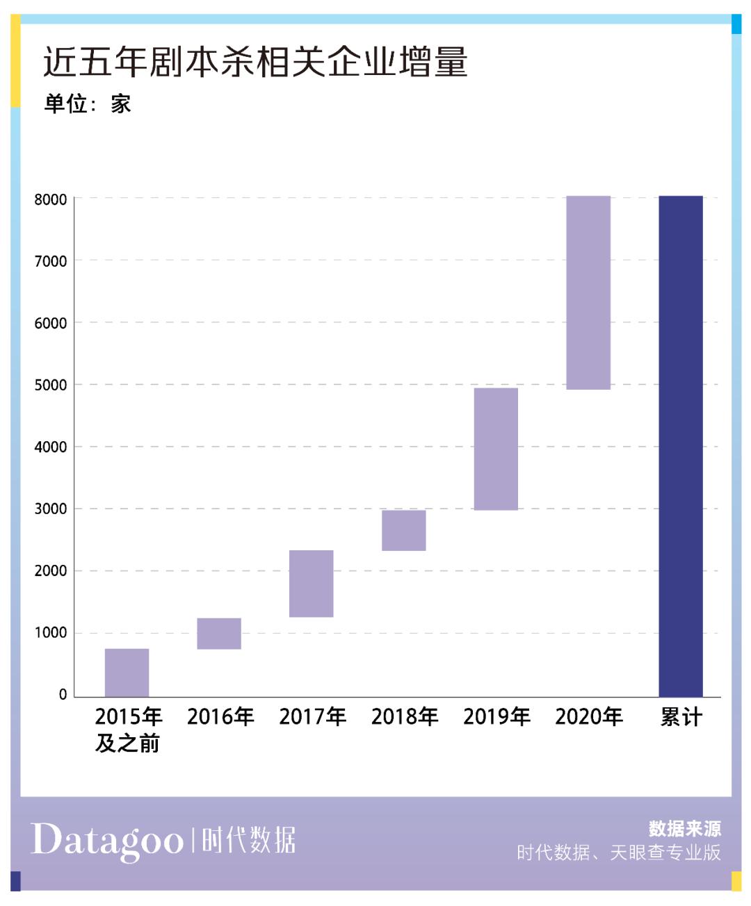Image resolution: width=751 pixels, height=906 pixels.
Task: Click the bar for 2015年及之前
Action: click(127, 672)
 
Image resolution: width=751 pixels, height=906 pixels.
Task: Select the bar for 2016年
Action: click(219, 633)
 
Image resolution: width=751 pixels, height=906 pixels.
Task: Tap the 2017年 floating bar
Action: click(311, 583)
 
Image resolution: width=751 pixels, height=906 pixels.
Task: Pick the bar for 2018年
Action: click(403, 530)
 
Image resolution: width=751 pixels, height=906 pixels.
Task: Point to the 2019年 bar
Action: click(496, 448)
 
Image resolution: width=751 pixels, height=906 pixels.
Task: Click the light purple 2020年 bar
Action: click(588, 293)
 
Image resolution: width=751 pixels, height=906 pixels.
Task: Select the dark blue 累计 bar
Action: click(681, 446)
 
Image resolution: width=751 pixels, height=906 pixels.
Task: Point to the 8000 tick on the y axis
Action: click(51, 199)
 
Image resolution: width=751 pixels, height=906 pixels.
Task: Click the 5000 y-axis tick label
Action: click(51, 385)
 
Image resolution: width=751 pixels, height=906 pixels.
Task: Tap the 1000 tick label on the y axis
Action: click(51, 633)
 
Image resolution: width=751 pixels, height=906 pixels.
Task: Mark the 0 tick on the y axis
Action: click(63, 694)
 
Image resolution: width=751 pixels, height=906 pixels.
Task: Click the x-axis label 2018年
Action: click(405, 716)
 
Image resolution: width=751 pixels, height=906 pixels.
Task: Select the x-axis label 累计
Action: click(681, 716)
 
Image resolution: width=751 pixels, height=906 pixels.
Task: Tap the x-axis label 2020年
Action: click(588, 716)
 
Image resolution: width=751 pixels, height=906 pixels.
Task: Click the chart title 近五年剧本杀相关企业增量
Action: click(255, 62)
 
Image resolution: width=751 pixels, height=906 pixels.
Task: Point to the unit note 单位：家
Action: click(88, 104)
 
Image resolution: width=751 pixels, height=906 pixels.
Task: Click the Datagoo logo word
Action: click(107, 841)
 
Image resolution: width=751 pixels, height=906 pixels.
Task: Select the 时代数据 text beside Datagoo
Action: click(248, 840)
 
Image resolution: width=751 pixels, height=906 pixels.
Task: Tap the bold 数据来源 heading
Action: click(684, 828)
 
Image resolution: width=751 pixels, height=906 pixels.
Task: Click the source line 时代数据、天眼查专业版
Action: click(618, 853)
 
